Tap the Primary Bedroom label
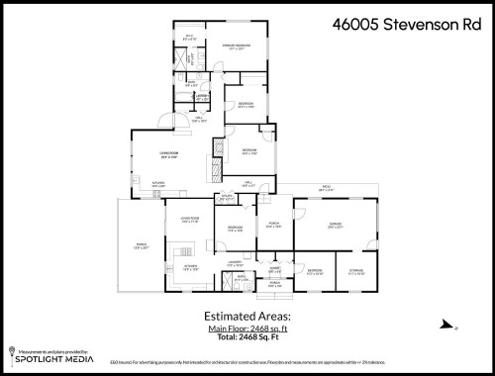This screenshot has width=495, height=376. (235, 47)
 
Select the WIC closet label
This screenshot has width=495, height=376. (191, 39)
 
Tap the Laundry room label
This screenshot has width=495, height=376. (235, 264)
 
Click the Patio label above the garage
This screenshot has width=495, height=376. (325, 187)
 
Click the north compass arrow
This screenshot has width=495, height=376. (445, 324)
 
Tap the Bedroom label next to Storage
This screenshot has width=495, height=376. (314, 271)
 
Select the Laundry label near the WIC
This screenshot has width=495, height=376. (201, 97)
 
